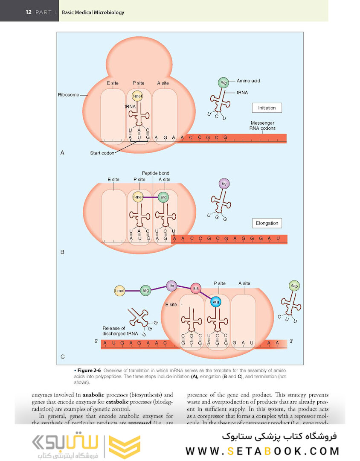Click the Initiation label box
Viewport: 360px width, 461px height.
click(x=267, y=108)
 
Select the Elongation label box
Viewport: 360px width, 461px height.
click(x=267, y=223)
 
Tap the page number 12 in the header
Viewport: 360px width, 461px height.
click(x=29, y=12)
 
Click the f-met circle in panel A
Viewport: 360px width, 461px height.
click(x=137, y=96)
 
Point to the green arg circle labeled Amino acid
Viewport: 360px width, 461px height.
click(x=223, y=82)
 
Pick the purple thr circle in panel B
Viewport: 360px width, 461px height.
click(x=224, y=184)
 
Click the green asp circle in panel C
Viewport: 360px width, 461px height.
click(x=293, y=286)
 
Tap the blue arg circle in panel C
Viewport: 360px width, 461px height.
click(x=216, y=302)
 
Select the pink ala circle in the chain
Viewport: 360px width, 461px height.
click(x=196, y=288)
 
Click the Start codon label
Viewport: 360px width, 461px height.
click(x=102, y=153)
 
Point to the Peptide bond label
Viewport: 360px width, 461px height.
click(x=155, y=173)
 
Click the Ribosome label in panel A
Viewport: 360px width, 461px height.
click(x=68, y=95)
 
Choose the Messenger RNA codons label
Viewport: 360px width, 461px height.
click(x=263, y=125)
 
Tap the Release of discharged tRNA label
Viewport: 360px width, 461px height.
click(x=114, y=331)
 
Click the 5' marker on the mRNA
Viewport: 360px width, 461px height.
click(x=96, y=341)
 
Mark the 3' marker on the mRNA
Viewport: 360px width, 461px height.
click(x=291, y=341)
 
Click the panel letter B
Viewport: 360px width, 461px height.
click(x=62, y=252)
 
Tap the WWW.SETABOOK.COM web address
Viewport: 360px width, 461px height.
click(x=262, y=451)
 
